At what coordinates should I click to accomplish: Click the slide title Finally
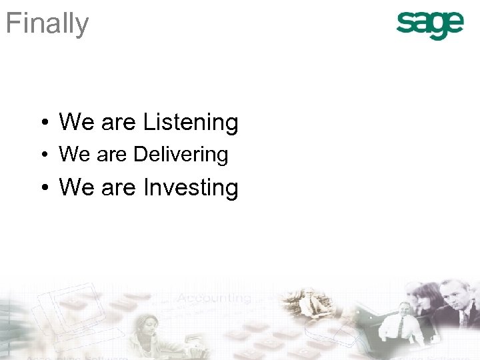47,24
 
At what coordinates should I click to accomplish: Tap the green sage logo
430,25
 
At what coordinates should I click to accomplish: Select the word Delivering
181,155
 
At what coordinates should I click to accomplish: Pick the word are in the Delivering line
111,155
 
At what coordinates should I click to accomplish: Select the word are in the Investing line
118,189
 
